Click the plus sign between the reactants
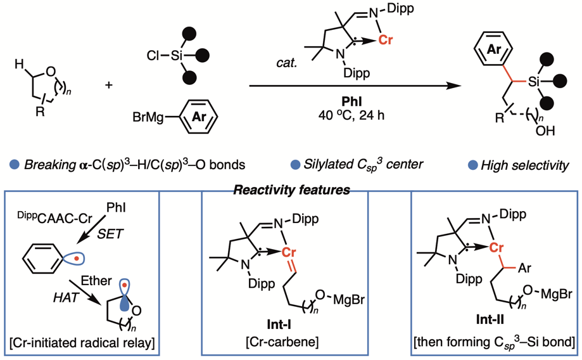(x=109, y=84)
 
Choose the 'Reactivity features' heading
(x=291, y=190)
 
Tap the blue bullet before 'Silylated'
(x=295, y=165)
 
